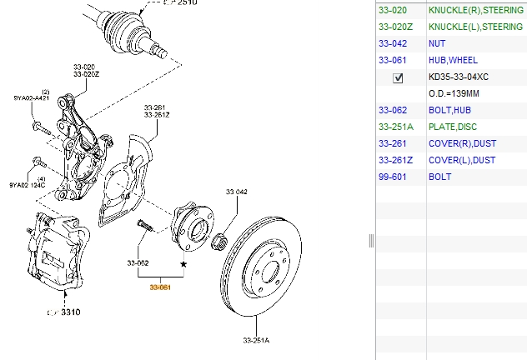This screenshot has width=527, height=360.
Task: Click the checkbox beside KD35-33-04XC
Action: (398, 77)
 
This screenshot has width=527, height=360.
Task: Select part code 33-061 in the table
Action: (393, 60)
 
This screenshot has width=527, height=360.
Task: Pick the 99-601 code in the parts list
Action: (393, 177)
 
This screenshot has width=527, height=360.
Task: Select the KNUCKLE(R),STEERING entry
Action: (475, 10)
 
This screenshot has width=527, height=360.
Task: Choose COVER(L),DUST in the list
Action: (461, 160)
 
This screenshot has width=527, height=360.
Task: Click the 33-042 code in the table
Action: (393, 43)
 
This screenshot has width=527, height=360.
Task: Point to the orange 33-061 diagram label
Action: (160, 287)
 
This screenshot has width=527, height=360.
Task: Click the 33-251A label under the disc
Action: (257, 340)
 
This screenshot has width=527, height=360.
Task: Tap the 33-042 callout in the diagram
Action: (237, 192)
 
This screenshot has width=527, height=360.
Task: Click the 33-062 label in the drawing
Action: (138, 263)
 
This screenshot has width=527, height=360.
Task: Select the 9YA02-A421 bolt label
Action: (33, 98)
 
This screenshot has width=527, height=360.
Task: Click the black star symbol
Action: (183, 263)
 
